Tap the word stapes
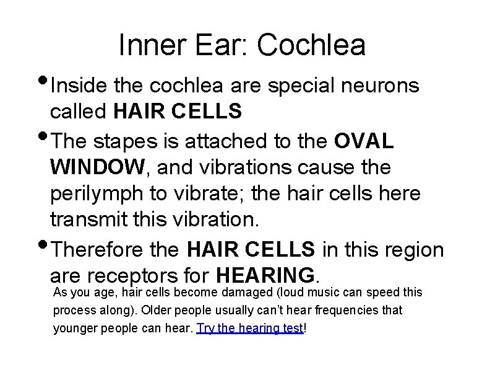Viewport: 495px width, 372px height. [x=129, y=140]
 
